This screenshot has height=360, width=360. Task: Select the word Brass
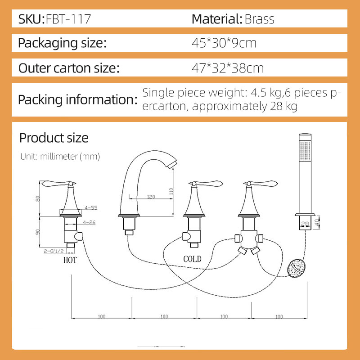(259, 19)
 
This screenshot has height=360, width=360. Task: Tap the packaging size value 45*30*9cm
(224, 44)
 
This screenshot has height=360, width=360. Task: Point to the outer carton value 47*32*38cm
(228, 68)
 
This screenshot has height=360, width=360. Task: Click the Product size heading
(54, 138)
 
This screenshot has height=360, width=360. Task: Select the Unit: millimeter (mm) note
(60, 157)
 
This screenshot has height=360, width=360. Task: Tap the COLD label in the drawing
(193, 259)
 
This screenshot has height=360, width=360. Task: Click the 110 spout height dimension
(171, 190)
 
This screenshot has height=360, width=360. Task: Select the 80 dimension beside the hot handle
(38, 198)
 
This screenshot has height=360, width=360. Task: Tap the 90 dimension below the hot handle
(38, 232)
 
